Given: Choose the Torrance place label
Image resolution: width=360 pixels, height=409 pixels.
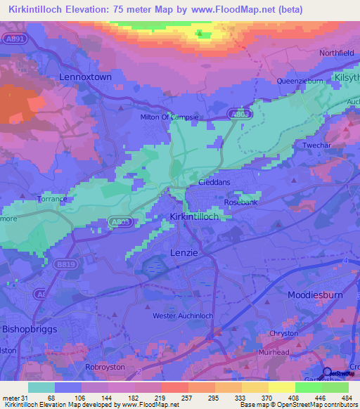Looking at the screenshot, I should pos(53,199).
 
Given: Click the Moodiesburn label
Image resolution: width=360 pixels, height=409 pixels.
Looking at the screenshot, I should pos(318,296).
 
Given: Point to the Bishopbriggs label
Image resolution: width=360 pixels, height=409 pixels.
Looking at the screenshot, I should pos(32,328).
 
